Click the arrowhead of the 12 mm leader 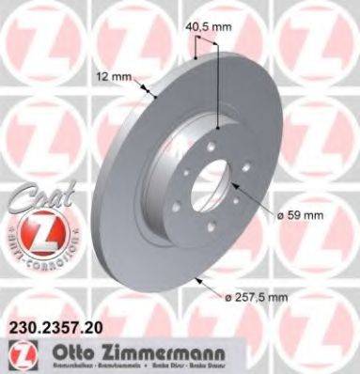[152, 94]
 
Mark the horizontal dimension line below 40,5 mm [205, 56]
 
